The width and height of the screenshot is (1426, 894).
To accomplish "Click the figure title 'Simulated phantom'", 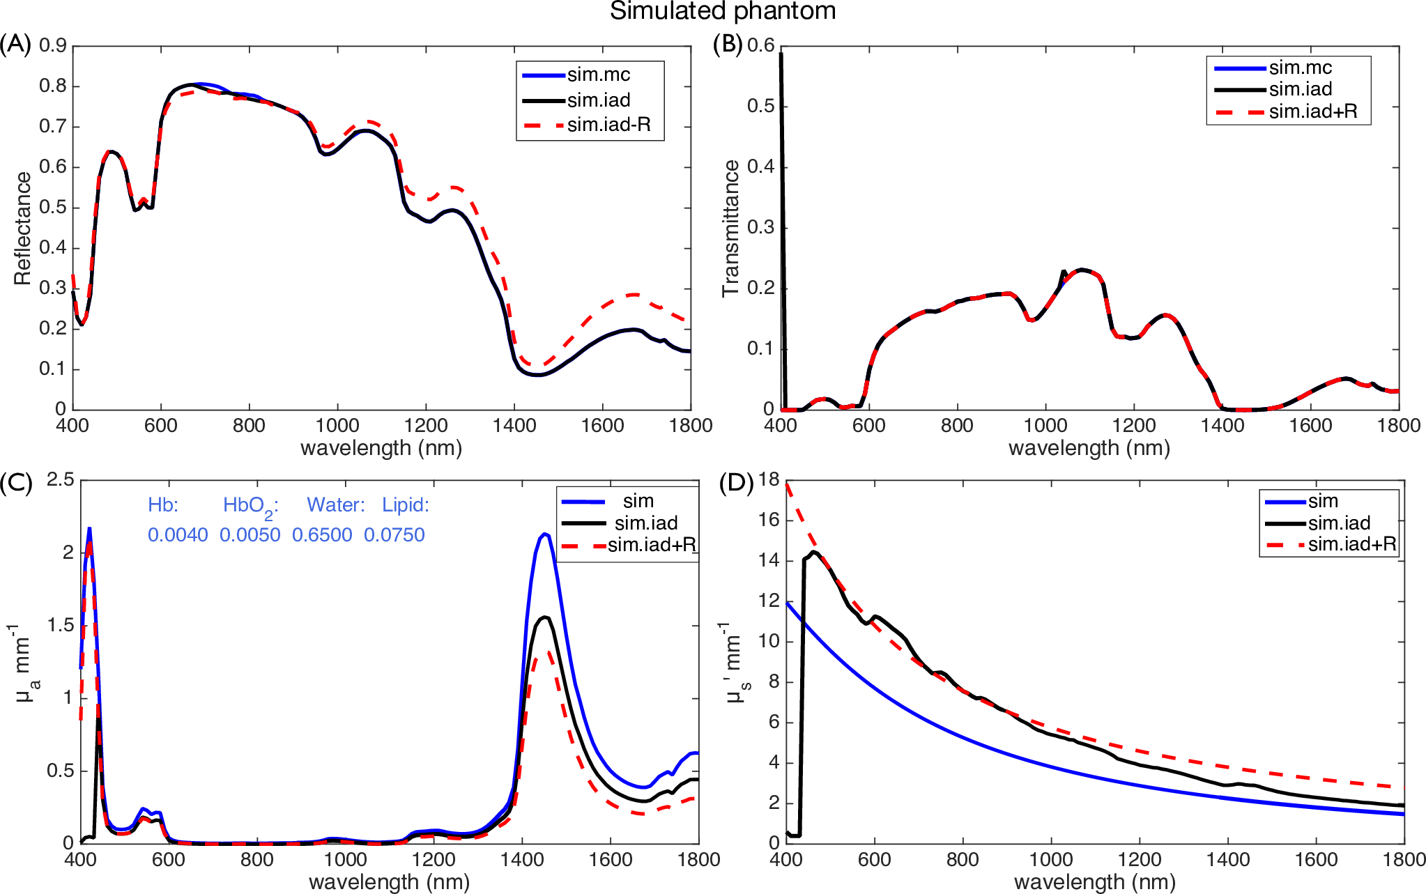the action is (723, 11).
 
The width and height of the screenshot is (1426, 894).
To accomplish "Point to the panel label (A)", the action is (15, 44).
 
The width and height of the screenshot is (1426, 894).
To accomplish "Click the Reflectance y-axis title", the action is (22, 229).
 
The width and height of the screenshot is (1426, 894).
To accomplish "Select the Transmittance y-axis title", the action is (730, 229).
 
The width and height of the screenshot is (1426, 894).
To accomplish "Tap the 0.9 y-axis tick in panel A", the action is (53, 45).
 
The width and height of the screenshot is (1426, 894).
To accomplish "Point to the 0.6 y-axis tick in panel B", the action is (760, 45).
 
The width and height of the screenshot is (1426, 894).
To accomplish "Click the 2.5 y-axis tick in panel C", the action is (61, 479).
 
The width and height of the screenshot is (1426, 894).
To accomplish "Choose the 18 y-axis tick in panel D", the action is (769, 479).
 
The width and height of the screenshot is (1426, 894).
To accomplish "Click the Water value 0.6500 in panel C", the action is (322, 535).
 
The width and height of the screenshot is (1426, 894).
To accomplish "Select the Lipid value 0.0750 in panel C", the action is (394, 535).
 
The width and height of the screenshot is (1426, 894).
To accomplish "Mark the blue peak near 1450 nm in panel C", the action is (544, 534).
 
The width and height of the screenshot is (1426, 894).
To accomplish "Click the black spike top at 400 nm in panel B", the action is (781, 53).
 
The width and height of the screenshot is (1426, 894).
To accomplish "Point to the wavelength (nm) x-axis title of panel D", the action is (1095, 882).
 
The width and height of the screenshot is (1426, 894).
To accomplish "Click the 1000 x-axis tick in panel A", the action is (338, 426).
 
